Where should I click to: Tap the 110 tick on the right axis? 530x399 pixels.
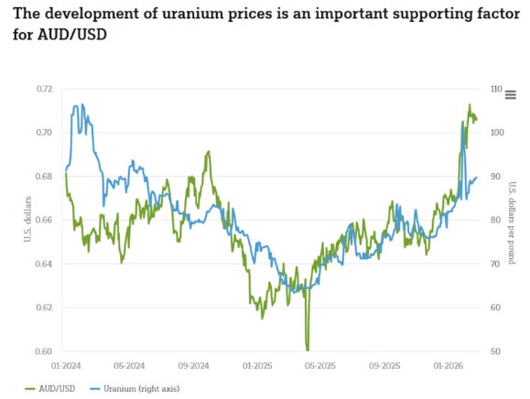pos(497,89)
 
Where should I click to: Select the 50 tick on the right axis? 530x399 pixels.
pos(495,351)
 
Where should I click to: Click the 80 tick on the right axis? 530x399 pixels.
pos(495,220)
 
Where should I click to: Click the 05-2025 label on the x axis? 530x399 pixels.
pos(321,365)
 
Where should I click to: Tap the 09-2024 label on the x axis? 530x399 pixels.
pos(195,365)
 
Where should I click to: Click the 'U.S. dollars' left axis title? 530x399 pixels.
pos(27,220)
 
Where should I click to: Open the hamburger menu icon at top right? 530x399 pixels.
pos(511,94)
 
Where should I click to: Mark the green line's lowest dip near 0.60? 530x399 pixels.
pos(308,349)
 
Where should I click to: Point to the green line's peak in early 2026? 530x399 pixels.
pos(470,105)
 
